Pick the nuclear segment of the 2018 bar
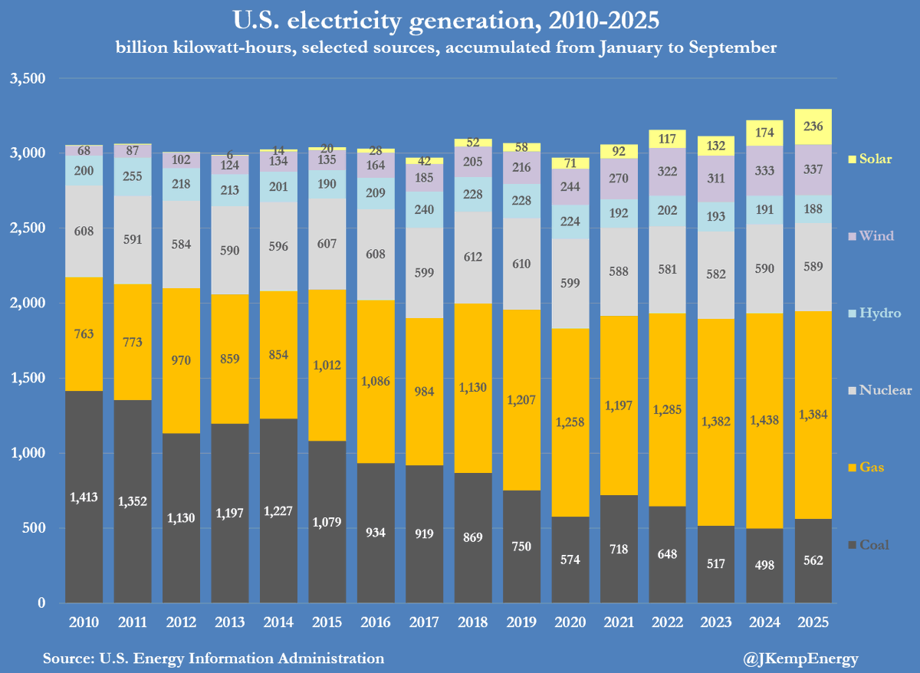[x=473, y=257]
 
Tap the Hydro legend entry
[x=874, y=313]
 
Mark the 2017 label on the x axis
[x=424, y=622]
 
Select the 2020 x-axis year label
[x=570, y=622]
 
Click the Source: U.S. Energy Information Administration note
[x=213, y=658]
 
